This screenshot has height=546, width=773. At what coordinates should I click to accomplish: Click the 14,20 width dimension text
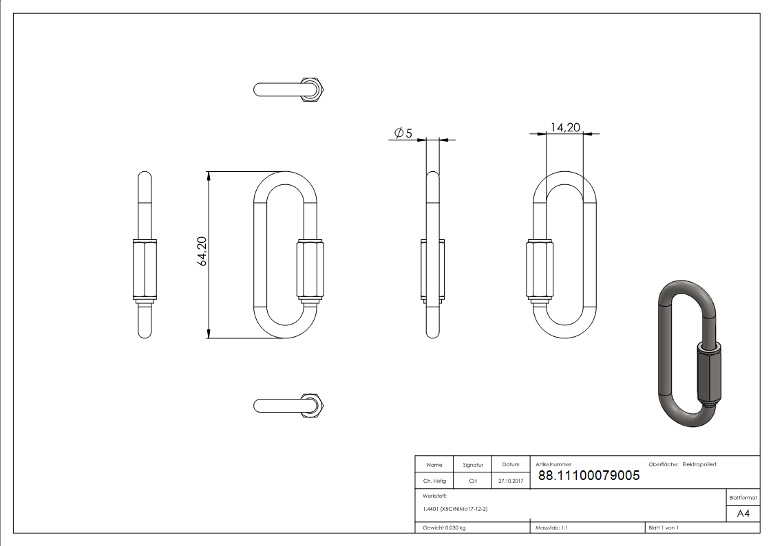[564, 127]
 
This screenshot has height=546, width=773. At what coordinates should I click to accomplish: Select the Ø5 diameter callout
[403, 133]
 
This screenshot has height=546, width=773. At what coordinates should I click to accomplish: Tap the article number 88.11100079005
[589, 475]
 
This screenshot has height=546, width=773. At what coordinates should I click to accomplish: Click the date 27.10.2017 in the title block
[511, 481]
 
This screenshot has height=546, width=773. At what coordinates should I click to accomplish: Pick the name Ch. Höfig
[434, 481]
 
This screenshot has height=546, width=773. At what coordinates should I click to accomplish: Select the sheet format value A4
[743, 513]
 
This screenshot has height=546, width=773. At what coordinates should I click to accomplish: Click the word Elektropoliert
[699, 465]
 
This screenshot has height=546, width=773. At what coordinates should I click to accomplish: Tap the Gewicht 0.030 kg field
[445, 528]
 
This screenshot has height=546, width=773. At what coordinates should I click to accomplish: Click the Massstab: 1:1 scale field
[551, 528]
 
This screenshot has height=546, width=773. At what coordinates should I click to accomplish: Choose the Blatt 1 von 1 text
[664, 528]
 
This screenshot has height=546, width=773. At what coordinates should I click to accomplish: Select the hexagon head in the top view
[315, 89]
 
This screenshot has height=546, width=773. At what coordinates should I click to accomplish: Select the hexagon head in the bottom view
[315, 406]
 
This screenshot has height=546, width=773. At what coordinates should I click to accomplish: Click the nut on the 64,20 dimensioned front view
[308, 269]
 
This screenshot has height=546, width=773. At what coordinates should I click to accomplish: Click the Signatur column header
[473, 465]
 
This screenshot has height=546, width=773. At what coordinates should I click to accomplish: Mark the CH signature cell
[473, 481]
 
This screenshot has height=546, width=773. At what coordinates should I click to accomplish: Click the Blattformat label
[743, 497]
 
